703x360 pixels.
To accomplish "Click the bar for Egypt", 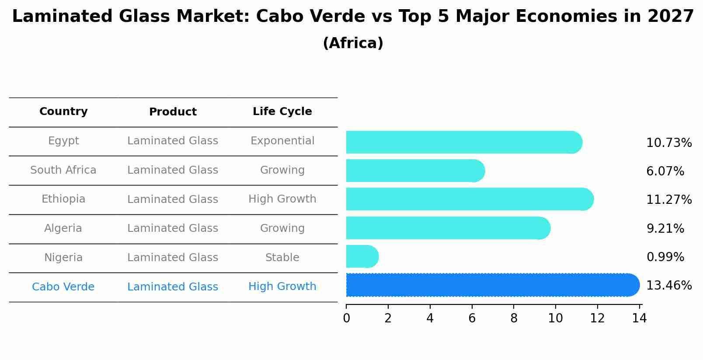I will [x=463, y=142].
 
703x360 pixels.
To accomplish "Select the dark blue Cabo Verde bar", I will [x=492, y=285].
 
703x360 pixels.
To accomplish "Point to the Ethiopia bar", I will [x=469, y=199].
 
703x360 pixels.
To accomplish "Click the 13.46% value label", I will [x=668, y=286].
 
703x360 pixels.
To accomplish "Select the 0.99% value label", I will [x=665, y=257].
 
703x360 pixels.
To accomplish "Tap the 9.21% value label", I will [x=665, y=229].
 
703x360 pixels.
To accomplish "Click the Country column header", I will [x=63, y=112].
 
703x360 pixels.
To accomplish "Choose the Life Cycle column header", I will [x=282, y=112].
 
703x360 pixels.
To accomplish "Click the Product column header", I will [x=173, y=112].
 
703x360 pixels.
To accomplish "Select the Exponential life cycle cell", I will [x=282, y=141].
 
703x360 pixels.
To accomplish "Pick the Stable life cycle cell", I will [x=282, y=258].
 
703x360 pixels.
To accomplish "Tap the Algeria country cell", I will [x=63, y=228].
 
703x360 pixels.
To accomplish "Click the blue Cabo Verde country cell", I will [x=63, y=287].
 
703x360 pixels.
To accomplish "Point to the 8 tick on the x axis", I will [x=514, y=318].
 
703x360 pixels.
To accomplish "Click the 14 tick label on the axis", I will [x=639, y=318].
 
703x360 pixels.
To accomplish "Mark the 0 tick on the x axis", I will [x=346, y=318].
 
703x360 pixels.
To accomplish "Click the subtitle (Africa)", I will [x=353, y=43].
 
